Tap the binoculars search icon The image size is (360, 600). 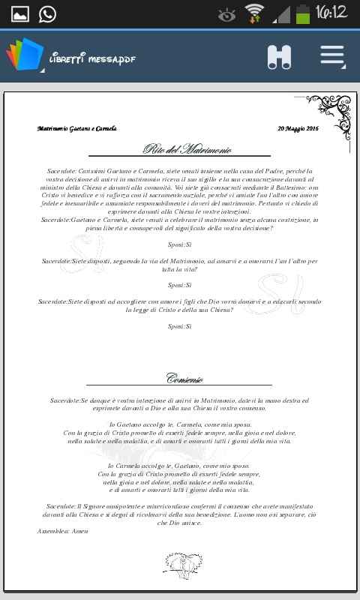coord(279,57)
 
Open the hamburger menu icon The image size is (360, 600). coord(331,57)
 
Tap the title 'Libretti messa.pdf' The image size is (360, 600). coord(91,58)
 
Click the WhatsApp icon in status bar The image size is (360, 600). coord(47,13)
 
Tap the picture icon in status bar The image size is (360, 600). coord(19,13)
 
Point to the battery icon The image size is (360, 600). coord(302,13)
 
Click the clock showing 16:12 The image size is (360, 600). coord(331,13)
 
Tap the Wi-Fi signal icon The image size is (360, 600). coord(255,13)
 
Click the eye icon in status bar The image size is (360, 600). coord(226,14)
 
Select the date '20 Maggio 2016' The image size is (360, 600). coord(298,129)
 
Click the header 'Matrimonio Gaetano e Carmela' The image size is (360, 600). coord(76,129)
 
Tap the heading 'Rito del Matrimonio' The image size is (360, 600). coord(187,149)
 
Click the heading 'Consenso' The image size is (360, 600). coord(184,378)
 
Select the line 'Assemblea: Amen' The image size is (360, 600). coord(62,531)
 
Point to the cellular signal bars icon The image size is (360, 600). coord(281,13)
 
